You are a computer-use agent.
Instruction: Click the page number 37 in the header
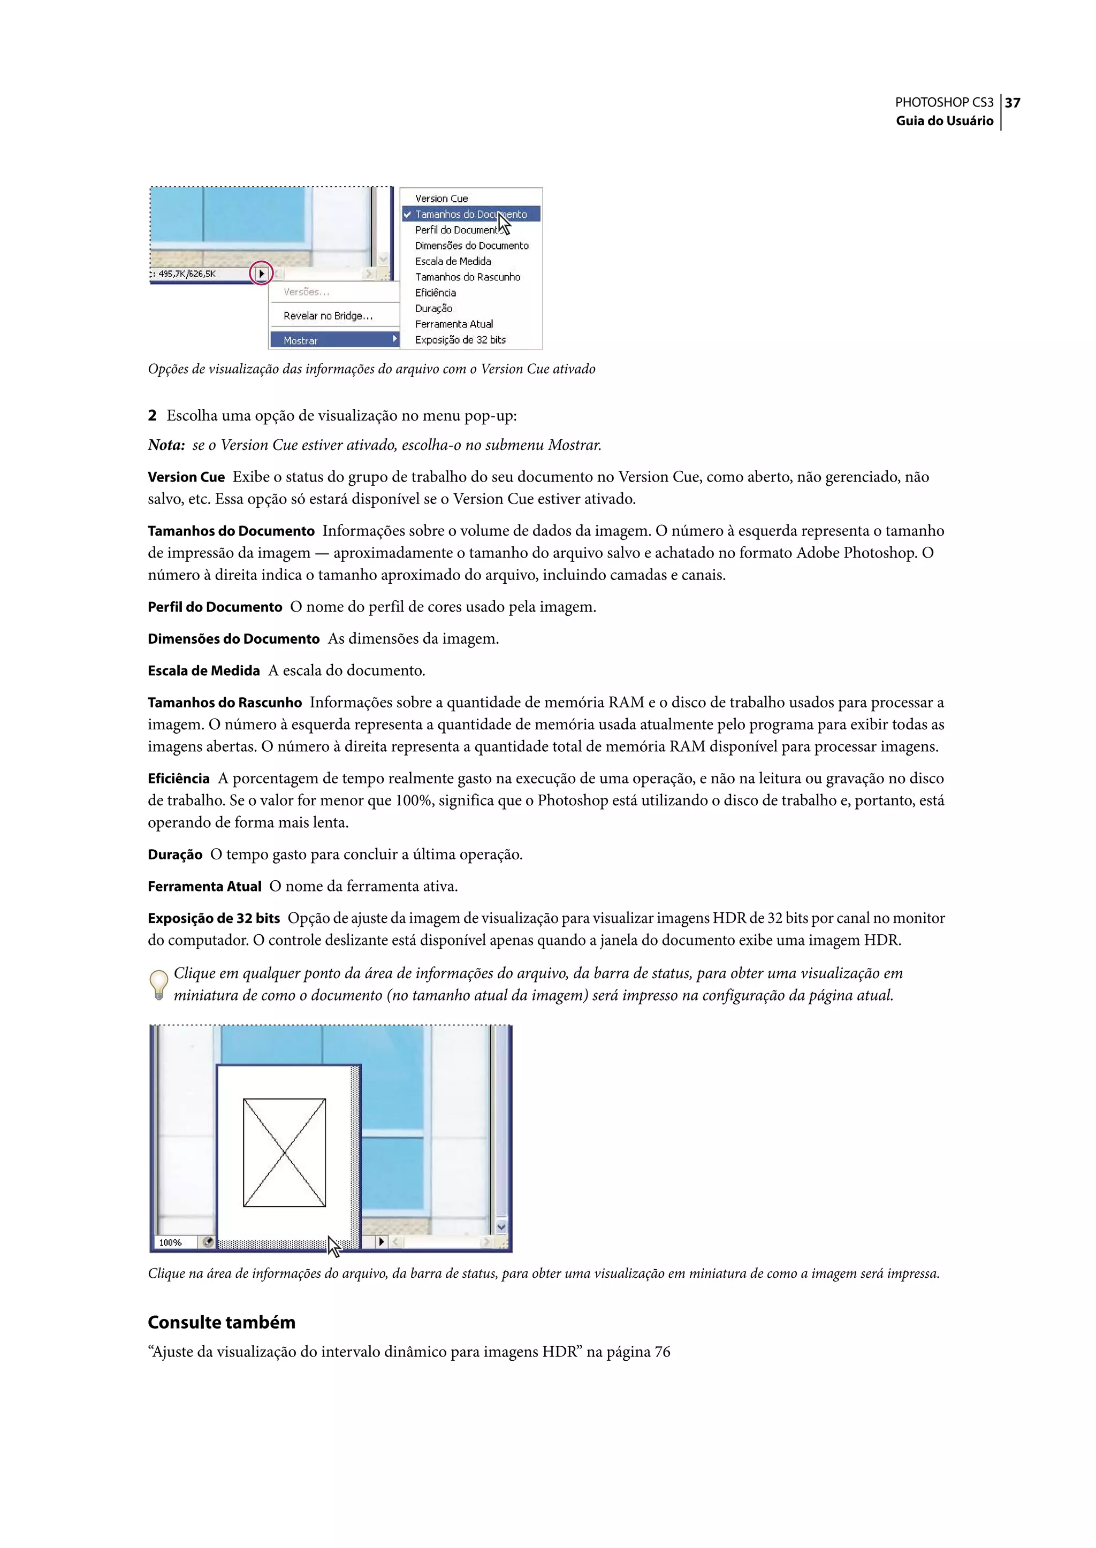[x=1013, y=103]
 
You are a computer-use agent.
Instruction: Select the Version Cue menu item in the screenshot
[x=442, y=199]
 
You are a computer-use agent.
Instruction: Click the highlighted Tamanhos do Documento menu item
[x=470, y=214]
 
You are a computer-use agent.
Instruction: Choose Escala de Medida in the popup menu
[x=453, y=261]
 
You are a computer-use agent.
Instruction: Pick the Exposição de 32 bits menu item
[x=460, y=339]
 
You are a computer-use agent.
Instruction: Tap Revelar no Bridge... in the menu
[x=328, y=316]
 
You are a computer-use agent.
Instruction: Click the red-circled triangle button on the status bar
[x=261, y=274]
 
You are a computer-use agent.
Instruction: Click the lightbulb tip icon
[x=158, y=985]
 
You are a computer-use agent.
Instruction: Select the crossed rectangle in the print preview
[x=284, y=1153]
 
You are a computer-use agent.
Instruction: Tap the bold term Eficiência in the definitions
[x=179, y=779]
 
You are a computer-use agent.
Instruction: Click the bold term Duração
[x=175, y=855]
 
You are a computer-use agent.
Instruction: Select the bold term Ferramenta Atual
[x=204, y=887]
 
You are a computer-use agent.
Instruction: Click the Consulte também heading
[x=222, y=1322]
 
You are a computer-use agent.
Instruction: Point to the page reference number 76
[x=662, y=1352]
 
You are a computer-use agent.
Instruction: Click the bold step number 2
[x=153, y=416]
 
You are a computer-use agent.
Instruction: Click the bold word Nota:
[x=166, y=445]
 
